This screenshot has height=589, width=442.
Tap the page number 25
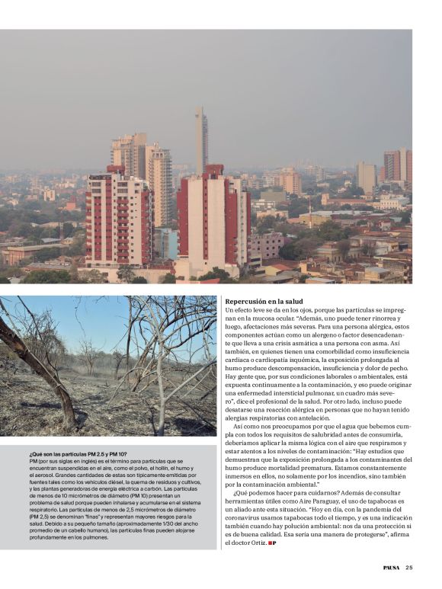pyautogui.click(x=409, y=567)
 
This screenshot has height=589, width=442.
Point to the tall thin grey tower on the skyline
pyautogui.click(x=200, y=141)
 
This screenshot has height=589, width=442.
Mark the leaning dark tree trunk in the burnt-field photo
pyautogui.click(x=46, y=366)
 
